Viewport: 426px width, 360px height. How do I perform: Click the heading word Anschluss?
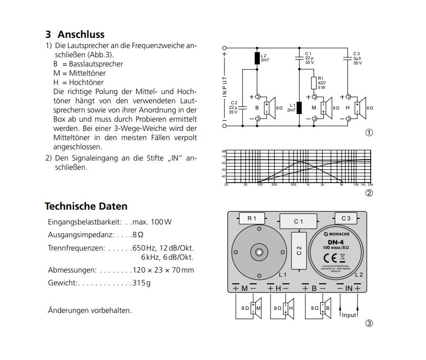tap(81, 35)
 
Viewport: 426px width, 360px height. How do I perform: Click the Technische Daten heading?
tap(86, 206)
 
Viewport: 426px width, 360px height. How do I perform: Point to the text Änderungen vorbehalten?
tap(89, 310)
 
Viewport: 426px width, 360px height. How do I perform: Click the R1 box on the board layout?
tap(252, 218)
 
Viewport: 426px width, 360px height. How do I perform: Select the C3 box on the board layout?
tap(346, 218)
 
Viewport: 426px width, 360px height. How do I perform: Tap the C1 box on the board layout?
tap(298, 221)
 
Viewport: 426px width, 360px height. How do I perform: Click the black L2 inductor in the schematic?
tap(257, 58)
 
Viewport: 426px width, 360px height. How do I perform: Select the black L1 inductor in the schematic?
tap(299, 108)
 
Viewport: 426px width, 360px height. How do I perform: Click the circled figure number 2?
tap(368, 193)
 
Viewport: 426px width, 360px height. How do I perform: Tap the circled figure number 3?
tap(368, 323)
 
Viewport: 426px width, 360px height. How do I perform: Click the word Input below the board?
tap(349, 315)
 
